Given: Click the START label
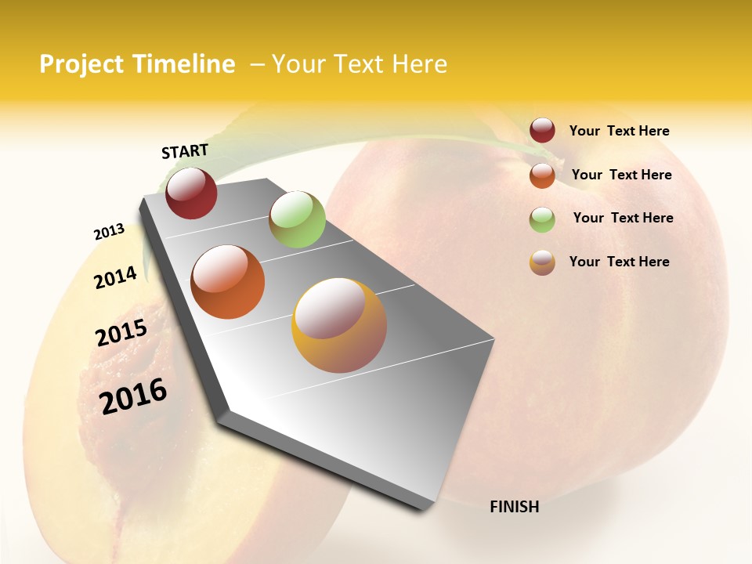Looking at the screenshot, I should [185, 151].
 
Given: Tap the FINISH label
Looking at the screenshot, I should [514, 507].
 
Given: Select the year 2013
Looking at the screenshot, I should [109, 232].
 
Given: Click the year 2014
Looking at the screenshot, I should [115, 277].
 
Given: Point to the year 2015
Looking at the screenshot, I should [121, 332].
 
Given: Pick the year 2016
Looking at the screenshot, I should [133, 396].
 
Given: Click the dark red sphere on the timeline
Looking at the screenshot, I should [191, 193].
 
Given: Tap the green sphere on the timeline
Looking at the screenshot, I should [297, 219].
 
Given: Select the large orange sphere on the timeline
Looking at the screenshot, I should [227, 282].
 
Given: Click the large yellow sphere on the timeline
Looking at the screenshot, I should [339, 325].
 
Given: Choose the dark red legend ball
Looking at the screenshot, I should [542, 131].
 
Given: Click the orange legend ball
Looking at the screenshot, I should [542, 175].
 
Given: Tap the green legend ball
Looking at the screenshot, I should [542, 219].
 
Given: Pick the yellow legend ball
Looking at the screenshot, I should [542, 262].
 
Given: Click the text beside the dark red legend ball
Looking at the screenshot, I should [619, 131].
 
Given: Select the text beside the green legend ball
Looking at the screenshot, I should [623, 218].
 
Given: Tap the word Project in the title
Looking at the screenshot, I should [81, 64].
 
